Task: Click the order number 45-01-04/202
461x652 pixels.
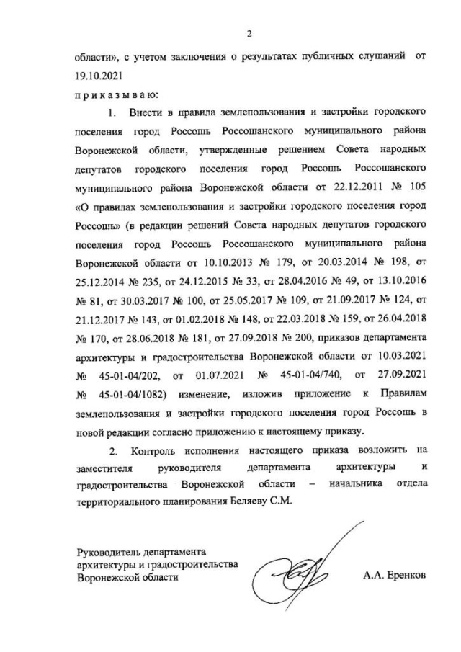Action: [x=127, y=375]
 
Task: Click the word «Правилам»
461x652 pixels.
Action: [x=405, y=393]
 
